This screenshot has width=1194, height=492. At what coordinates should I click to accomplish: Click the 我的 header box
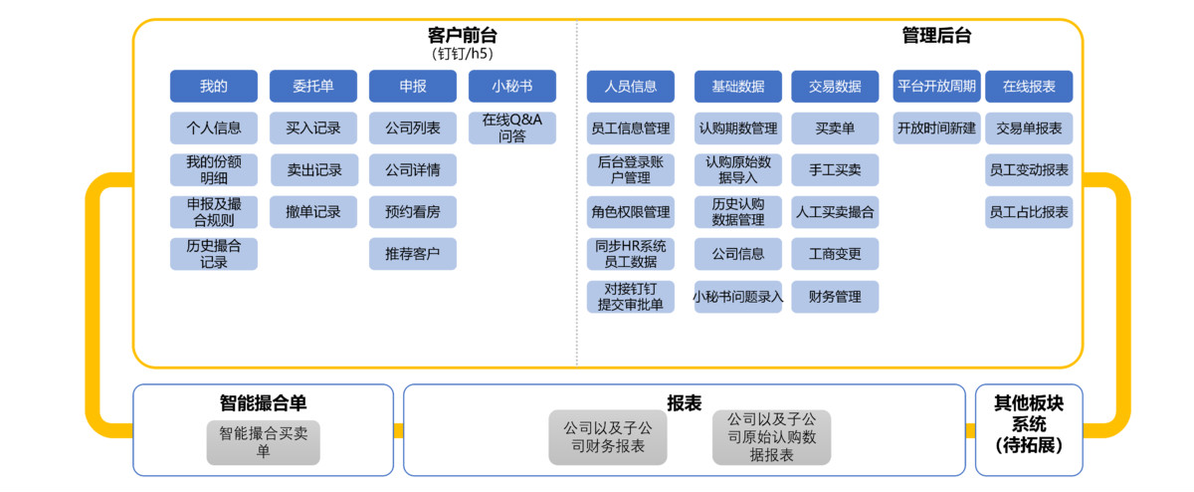coord(213,86)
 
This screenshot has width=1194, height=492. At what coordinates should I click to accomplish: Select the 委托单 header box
coord(312,86)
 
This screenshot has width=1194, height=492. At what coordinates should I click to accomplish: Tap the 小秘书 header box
coord(511,86)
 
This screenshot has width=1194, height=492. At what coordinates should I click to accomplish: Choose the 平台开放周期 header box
coord(936,86)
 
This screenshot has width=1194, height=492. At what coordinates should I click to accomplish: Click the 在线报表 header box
coord(1029,86)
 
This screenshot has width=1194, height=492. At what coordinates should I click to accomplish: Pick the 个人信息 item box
coord(213,127)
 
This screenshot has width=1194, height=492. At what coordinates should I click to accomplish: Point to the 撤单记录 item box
coord(312,211)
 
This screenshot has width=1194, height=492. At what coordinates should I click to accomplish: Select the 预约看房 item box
coord(412,211)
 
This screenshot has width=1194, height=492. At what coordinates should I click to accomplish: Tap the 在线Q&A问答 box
coord(511,127)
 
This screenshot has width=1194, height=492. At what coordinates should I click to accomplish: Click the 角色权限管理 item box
coord(630,211)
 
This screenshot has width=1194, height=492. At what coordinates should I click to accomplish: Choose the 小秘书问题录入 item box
coord(737,296)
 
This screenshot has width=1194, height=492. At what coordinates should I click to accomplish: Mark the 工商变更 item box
coord(835,253)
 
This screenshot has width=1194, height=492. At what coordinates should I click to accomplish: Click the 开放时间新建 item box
coord(936,127)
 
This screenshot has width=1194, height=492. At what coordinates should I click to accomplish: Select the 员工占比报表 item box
coord(1029,211)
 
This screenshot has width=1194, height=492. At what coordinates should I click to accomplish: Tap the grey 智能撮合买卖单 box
coord(264,442)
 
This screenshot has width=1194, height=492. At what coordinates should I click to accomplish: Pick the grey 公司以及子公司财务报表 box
coord(608,436)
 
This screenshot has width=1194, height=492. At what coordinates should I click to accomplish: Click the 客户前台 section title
coord(463,36)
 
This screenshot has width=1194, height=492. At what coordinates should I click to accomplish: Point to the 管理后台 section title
coord(936,36)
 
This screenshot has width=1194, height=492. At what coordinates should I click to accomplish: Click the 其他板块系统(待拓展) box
coord(1029,424)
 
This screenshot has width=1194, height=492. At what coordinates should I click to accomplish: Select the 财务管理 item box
coord(835,296)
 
